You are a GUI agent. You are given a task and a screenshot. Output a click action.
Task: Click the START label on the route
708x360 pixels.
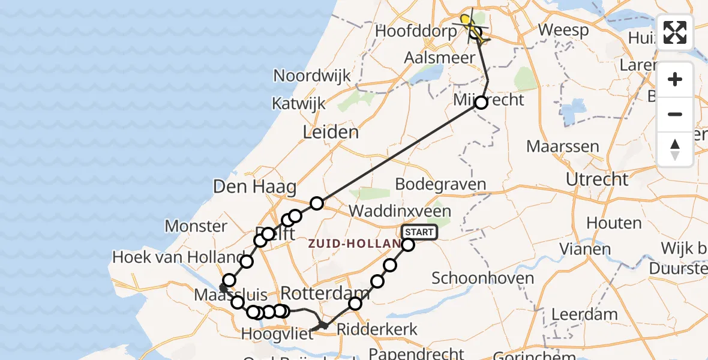pyautogui.click(x=418, y=232)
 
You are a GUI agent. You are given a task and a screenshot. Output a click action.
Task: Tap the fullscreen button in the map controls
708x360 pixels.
pyautogui.click(x=675, y=32)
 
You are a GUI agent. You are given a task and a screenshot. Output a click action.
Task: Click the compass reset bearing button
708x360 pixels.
pyautogui.click(x=675, y=149)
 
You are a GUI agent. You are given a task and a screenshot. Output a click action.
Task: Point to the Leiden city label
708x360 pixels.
pyautogui.click(x=331, y=132)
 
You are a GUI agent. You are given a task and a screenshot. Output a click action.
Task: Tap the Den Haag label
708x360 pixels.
pyautogui.click(x=254, y=187)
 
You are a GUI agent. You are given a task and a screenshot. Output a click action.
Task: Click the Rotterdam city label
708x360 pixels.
pyautogui.click(x=325, y=293)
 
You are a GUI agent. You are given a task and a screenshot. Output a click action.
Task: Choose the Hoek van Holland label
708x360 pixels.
pyautogui.click(x=178, y=257)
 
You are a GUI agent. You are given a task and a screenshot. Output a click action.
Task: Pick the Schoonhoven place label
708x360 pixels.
pyautogui.click(x=482, y=278)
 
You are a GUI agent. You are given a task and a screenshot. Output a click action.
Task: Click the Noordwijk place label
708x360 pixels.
pyautogui.click(x=312, y=76)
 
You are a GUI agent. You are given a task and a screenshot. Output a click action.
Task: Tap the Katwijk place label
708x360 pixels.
pyautogui.click(x=299, y=103)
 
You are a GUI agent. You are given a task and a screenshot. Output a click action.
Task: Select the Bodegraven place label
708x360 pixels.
pyautogui.click(x=441, y=184)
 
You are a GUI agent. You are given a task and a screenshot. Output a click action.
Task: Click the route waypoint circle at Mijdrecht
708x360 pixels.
pyautogui.click(x=481, y=103)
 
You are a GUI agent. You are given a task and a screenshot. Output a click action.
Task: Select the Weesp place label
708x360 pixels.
pyautogui.click(x=563, y=29)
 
